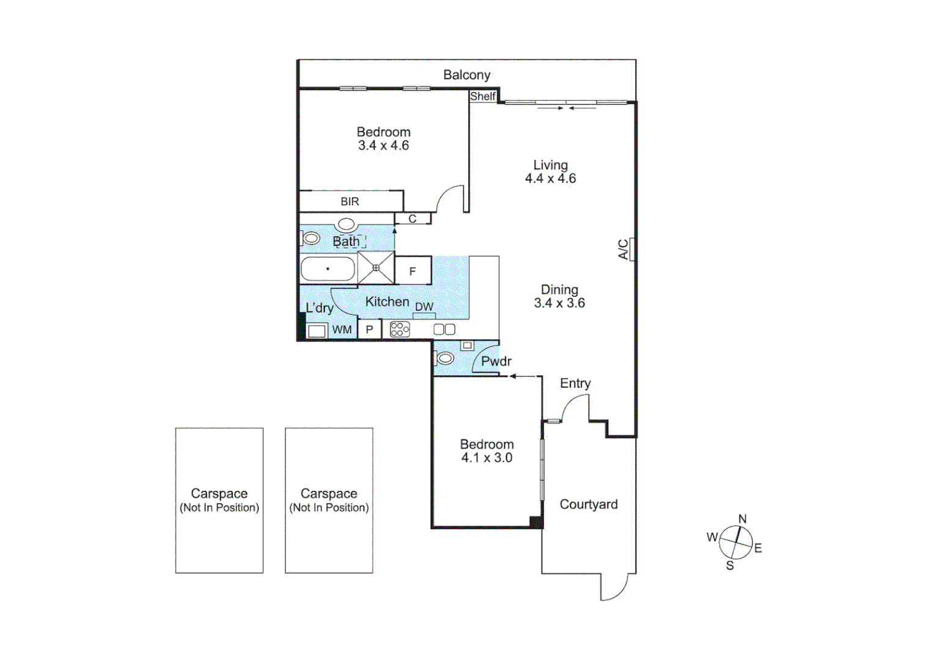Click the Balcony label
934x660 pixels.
tap(466, 75)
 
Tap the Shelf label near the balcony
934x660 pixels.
tap(482, 97)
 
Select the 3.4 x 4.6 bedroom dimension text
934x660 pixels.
tap(383, 145)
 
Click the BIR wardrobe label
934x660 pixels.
tap(350, 202)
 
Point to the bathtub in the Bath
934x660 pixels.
tap(328, 269)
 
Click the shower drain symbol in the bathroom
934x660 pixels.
tap(376, 268)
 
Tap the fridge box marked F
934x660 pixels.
tap(413, 271)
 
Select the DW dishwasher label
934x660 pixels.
tap(424, 307)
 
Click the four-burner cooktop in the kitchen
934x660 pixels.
tap(399, 330)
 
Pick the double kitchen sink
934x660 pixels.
tap(444, 330)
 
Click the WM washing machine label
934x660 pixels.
tap(342, 330)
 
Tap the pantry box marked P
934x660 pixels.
tap(369, 330)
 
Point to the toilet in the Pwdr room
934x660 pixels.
tap(444, 358)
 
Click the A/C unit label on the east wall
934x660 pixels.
tap(623, 249)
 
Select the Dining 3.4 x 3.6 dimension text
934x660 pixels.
tap(559, 303)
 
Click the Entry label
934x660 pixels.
tap(575, 383)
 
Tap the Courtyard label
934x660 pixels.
tap(589, 504)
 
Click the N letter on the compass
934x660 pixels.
tap(742, 519)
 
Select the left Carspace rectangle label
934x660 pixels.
tap(219, 494)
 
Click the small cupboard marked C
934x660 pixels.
tap(413, 219)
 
